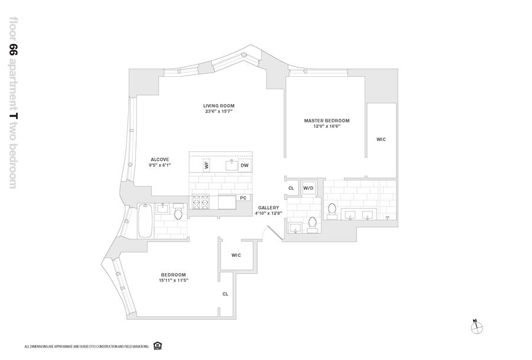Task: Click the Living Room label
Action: coord(219,106)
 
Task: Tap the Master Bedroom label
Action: coord(326,121)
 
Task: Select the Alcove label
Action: coord(160,159)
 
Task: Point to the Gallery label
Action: coord(268,207)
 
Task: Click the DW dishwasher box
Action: coord(244,166)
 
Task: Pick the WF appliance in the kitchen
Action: coord(207,165)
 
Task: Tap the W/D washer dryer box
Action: coord(309,188)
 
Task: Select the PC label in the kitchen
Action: coord(242,197)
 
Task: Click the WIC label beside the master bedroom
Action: coord(381,140)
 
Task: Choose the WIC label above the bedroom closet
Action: coord(236,255)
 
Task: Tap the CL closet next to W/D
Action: coord(291,188)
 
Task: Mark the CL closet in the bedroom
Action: coord(225,293)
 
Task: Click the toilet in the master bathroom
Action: coord(332,210)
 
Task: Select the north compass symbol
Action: coord(476,326)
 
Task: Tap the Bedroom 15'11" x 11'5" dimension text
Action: coord(173,280)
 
